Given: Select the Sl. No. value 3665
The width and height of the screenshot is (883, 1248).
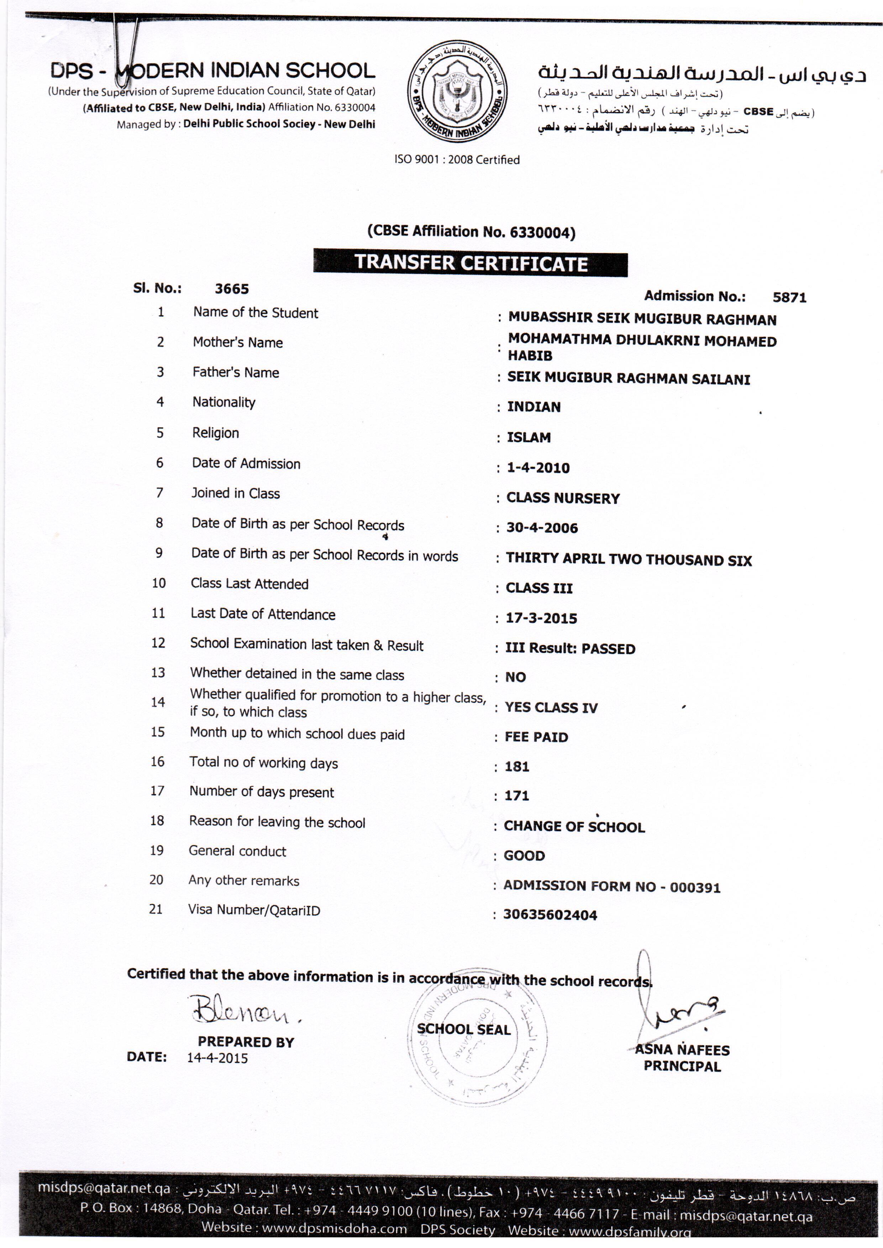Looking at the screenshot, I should coord(232,289).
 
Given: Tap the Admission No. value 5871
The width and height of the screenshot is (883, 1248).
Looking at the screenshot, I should coord(789,297).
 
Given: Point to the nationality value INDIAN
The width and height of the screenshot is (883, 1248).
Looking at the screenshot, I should coord(534,407).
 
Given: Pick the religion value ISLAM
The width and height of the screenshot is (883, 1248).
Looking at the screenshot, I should coord(529,438).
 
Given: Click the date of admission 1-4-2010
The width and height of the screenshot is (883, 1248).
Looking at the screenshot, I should coord(538,468).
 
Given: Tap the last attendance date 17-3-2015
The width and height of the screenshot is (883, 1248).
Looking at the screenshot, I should coord(541,618).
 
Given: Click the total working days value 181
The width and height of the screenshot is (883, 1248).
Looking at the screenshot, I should coord(516,767).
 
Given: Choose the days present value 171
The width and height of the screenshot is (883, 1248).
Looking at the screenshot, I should coord(516,796).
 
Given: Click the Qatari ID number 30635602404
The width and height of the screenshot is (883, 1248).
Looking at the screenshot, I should coord(550,915).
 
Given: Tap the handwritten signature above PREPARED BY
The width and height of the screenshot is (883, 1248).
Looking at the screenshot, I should coord(243,1009).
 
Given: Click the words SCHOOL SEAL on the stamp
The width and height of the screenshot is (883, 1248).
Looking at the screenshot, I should coord(464,1030).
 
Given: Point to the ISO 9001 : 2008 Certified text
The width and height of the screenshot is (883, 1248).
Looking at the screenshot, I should coord(457,160).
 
